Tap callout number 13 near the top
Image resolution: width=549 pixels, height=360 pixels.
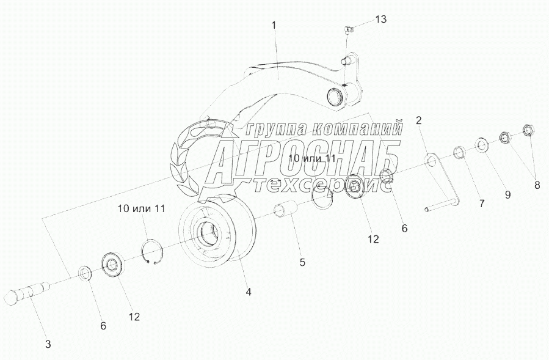point(380,20)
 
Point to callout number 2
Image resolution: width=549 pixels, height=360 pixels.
point(419,120)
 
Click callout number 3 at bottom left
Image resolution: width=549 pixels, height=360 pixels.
point(48,343)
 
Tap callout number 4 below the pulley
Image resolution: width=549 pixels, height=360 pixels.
point(249,292)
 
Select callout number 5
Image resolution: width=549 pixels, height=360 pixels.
point(302,262)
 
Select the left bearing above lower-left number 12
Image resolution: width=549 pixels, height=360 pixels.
point(114,263)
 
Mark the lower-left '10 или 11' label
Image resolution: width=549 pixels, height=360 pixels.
point(142,208)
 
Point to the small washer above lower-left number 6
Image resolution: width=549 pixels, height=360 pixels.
point(85,273)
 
